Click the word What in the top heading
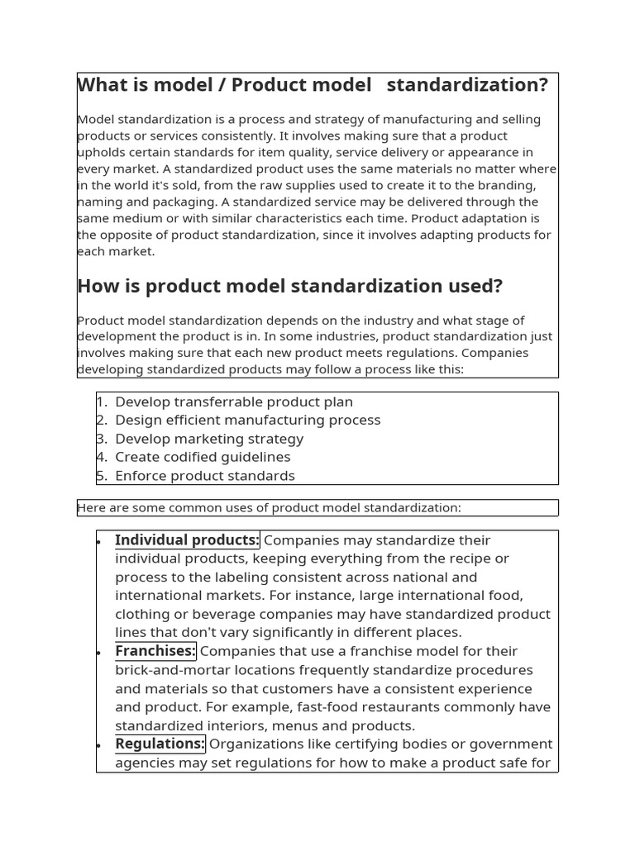coord(104,85)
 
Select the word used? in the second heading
coord(474,287)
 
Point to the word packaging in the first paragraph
coord(160,202)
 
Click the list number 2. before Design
coord(102,421)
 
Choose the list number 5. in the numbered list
coord(102,476)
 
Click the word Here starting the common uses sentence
coord(91,507)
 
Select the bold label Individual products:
coord(187,540)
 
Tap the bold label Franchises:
coord(155,651)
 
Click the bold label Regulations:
coord(160,744)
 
